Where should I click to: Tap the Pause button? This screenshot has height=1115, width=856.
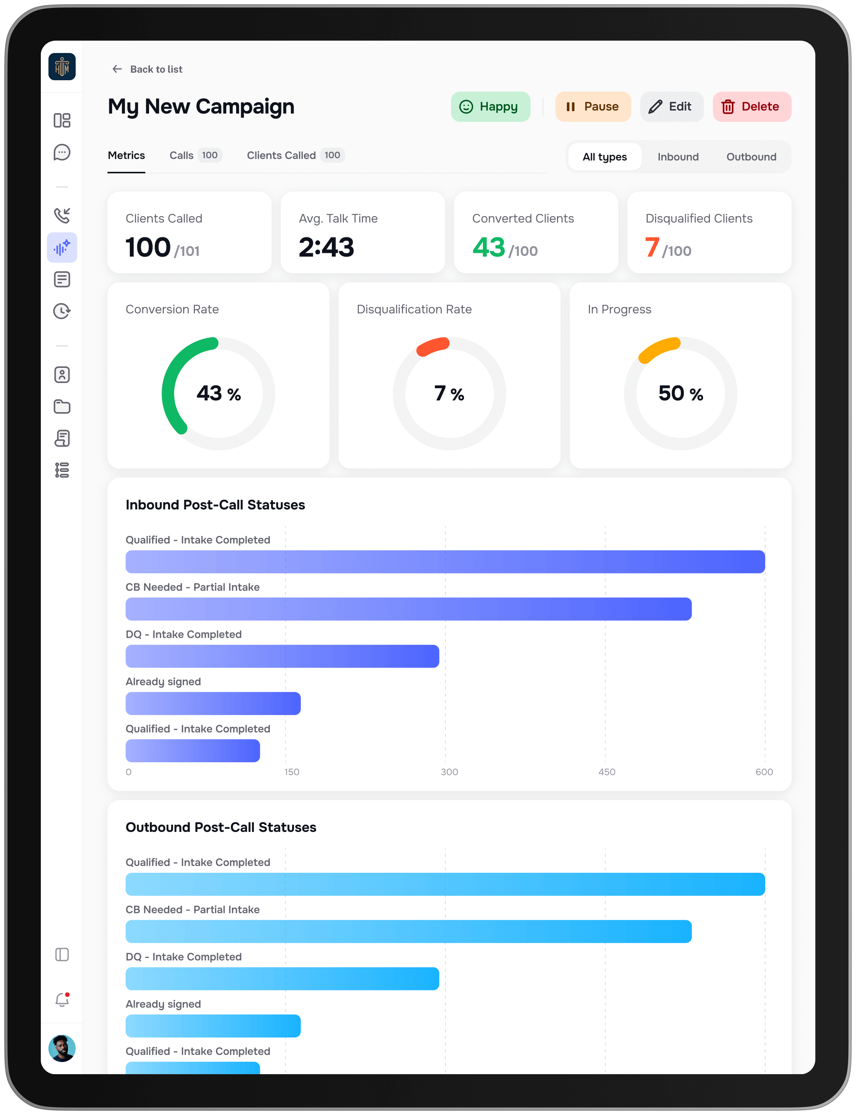[593, 106]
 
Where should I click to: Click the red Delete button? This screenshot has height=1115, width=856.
[752, 106]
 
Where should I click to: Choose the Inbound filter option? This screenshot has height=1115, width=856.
[678, 157]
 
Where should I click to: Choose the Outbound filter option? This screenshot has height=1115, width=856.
[751, 157]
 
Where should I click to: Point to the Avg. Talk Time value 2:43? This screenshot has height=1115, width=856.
[326, 248]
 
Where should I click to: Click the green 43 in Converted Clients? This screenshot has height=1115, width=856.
[488, 248]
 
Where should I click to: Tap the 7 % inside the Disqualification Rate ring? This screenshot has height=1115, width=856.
[449, 393]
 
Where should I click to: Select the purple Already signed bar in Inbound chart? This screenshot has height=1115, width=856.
[213, 703]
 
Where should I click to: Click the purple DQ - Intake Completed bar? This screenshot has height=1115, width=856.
[282, 656]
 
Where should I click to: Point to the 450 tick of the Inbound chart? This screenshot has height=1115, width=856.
[606, 772]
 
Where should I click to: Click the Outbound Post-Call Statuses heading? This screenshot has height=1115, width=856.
[221, 827]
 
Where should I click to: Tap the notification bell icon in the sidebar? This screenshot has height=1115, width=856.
[62, 1000]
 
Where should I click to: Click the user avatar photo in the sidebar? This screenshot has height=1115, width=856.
[62, 1048]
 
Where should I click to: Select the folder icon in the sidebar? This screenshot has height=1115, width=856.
[62, 406]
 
